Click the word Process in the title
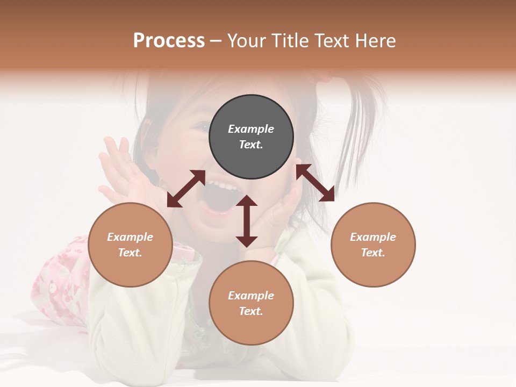169,41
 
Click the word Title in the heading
289,41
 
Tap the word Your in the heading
247,41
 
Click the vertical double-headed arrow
247,221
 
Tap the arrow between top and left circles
186,189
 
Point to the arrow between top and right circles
315,183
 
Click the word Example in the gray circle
251,129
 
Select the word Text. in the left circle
130,253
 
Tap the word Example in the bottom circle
251,296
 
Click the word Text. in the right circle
373,253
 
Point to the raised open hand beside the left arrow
119,167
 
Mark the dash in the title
216,41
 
